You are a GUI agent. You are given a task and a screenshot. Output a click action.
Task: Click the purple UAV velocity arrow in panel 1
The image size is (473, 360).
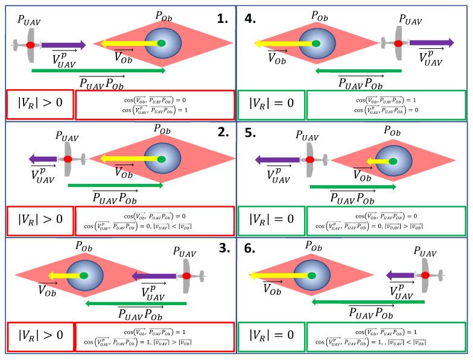[63, 45]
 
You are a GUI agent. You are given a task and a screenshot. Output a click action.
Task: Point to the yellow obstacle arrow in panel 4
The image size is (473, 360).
[284, 43]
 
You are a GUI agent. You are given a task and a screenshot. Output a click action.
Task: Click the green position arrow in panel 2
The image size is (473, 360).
[115, 185]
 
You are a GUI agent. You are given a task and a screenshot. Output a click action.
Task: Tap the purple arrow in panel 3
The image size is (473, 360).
[154, 276]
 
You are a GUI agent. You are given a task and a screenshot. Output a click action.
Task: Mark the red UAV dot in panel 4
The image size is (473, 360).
[398, 43]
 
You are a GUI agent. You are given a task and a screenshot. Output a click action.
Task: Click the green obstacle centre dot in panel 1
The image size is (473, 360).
[161, 43]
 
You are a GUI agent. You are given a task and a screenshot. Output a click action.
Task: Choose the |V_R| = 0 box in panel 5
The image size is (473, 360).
[271, 219]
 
